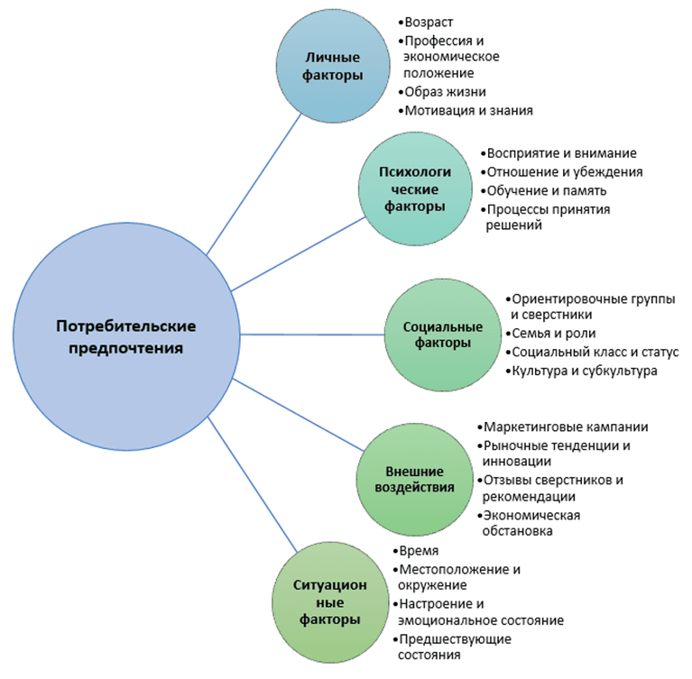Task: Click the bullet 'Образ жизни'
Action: [x=446, y=92]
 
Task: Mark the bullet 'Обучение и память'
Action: [x=545, y=190]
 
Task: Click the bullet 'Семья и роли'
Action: [x=552, y=334]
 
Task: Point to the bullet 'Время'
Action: [x=420, y=551]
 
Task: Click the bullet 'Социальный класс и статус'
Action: [x=595, y=352]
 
